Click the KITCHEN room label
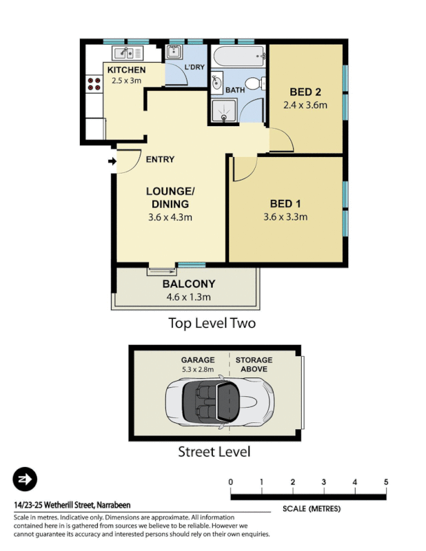(126, 70)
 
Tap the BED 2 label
(304, 92)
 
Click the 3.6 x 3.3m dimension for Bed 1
(285, 217)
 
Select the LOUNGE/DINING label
(170, 197)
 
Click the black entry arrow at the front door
(112, 162)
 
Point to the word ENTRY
(160, 160)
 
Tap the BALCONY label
(188, 284)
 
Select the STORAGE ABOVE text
(254, 364)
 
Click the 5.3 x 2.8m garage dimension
(198, 369)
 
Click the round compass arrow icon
(25, 479)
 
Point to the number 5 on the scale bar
(386, 481)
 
